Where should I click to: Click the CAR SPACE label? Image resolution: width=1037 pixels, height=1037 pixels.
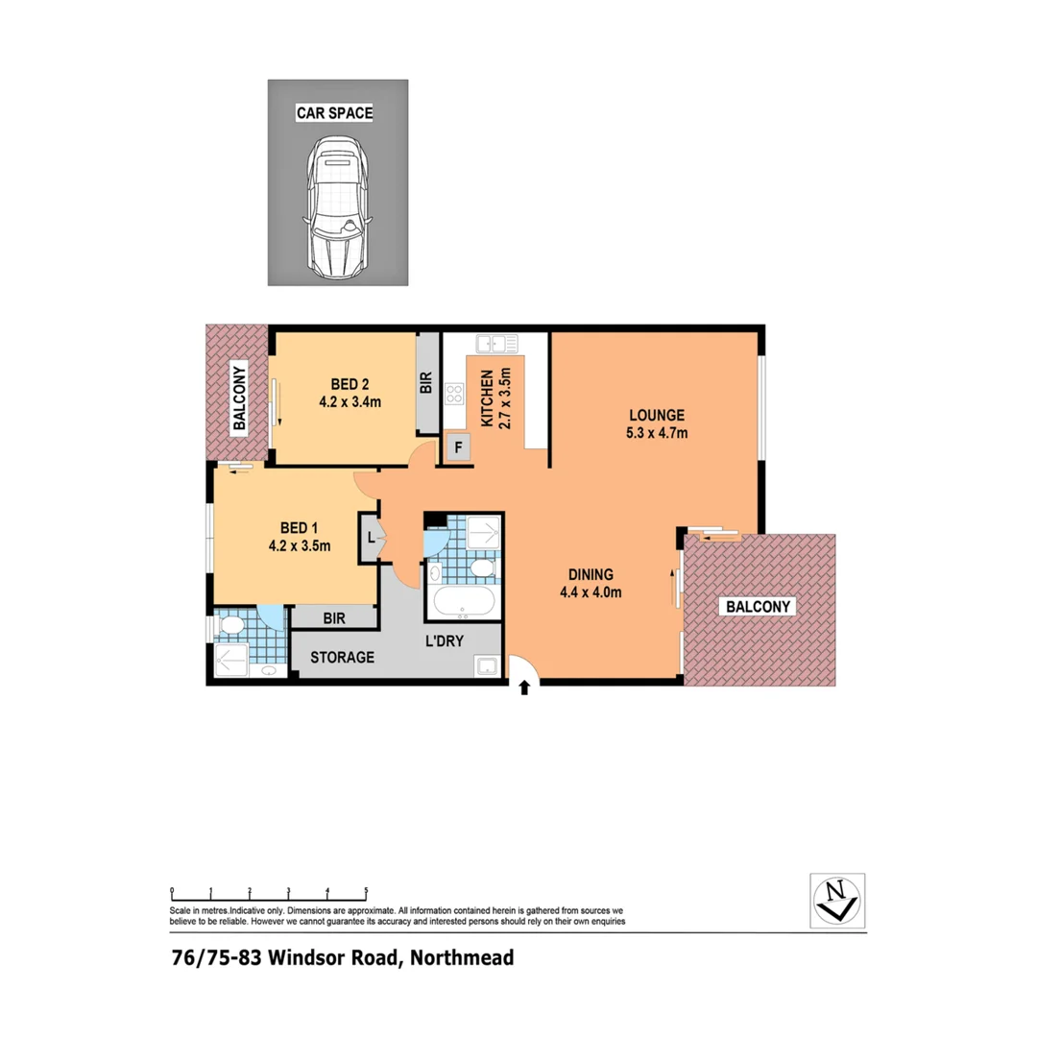pos(333,113)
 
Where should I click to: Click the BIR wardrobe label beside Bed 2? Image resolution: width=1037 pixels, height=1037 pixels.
pos(426,384)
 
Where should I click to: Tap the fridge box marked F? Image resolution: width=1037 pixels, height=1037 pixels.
pos(458,448)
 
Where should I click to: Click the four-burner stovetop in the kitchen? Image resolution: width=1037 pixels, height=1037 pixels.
pos(453,394)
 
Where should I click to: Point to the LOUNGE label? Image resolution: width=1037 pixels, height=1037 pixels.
pos(657,415)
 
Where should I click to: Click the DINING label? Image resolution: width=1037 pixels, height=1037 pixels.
pos(591,574)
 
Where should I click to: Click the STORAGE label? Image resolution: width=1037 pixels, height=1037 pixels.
pos(342,658)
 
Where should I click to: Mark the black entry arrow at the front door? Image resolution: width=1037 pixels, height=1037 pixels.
pos(523,688)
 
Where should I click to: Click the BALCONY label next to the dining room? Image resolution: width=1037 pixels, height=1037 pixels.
pos(759,607)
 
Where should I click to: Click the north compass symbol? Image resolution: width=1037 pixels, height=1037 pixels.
pos(836,901)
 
